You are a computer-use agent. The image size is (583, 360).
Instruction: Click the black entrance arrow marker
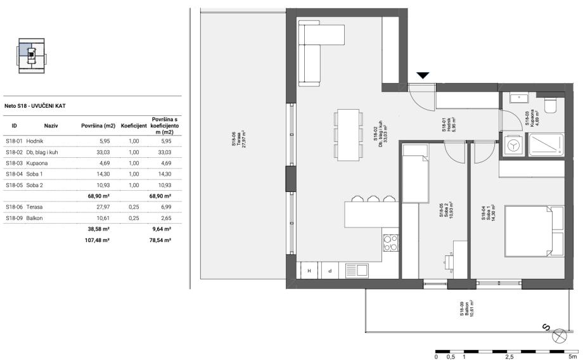(423, 75)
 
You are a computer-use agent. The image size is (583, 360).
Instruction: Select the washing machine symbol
(513, 146)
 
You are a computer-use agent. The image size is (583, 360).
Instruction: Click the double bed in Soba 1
(534, 231)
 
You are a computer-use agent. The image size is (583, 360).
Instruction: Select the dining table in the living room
(349, 134)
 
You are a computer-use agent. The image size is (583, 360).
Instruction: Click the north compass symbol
(558, 336)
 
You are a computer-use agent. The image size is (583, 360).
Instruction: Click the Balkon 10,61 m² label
(466, 308)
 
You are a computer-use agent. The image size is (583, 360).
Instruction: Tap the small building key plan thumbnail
(32, 55)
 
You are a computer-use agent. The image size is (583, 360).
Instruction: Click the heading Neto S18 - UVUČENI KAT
(35, 106)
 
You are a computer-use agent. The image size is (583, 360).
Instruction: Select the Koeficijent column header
(134, 126)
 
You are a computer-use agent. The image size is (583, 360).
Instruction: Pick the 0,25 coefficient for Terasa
(134, 207)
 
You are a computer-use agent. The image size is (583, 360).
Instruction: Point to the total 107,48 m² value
(97, 240)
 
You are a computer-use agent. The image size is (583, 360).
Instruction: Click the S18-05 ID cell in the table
(15, 185)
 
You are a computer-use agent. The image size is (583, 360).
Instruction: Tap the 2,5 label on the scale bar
(509, 357)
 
